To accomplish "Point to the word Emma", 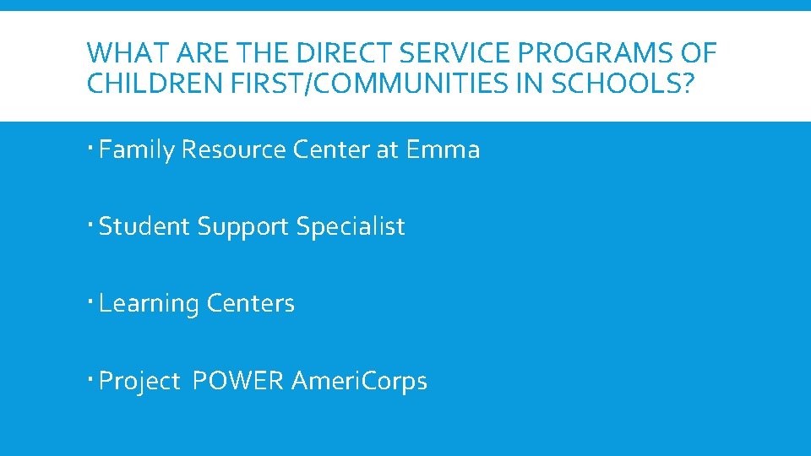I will click(443, 150).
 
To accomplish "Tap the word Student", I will click(144, 226).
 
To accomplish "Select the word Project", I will click(139, 382).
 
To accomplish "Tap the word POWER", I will click(238, 381).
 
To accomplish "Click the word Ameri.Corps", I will click(359, 382).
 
